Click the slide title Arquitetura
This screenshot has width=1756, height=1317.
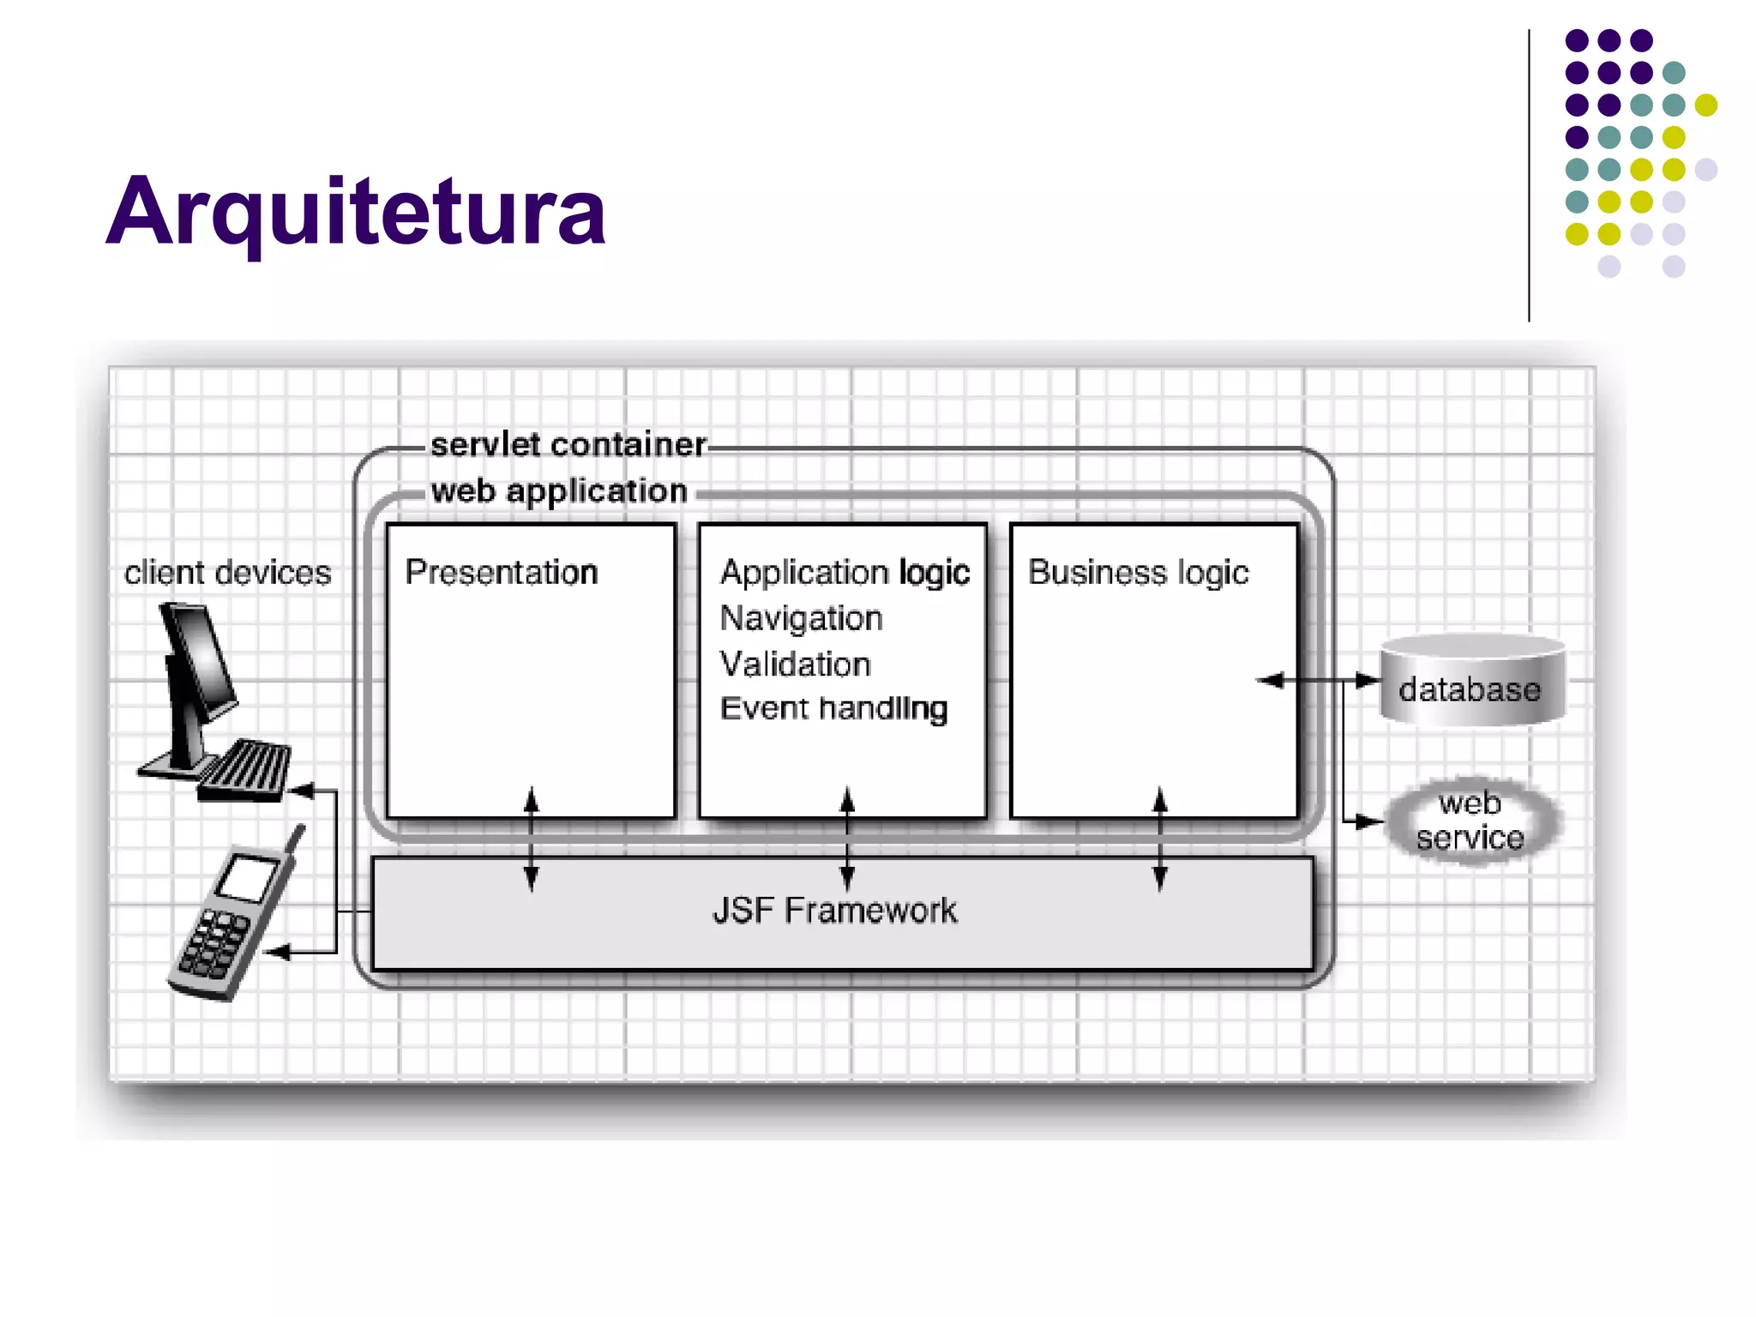(x=355, y=212)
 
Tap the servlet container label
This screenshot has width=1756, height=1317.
(x=568, y=445)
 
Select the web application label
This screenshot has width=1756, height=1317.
(x=559, y=491)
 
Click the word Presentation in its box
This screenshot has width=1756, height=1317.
(x=501, y=572)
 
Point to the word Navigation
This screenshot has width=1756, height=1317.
(x=801, y=618)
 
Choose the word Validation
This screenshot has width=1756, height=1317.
(x=795, y=665)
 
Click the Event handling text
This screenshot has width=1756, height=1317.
(x=833, y=709)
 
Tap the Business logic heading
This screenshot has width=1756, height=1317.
(x=1138, y=572)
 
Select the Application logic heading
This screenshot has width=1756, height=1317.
(x=845, y=572)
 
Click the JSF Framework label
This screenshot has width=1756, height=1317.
(x=834, y=911)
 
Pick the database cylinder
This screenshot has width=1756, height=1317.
(x=1472, y=680)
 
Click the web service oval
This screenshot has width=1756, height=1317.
(x=1470, y=821)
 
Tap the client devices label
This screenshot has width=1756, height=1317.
(x=227, y=573)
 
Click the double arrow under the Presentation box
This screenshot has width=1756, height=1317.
(x=532, y=839)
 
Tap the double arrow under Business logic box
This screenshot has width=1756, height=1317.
(x=1160, y=839)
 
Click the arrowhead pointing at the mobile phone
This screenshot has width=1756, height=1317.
(x=277, y=952)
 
